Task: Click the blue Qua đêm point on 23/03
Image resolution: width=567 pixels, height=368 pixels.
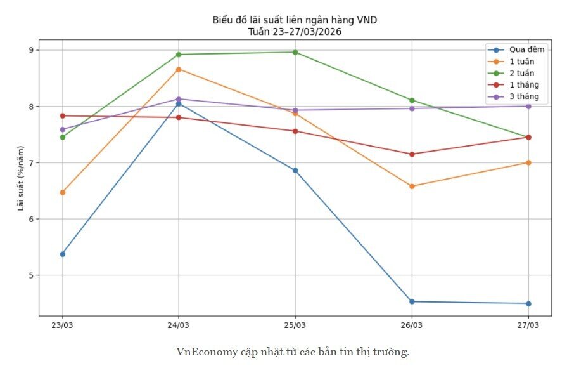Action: point(62,254)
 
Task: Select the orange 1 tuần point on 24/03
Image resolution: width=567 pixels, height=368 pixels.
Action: point(179,69)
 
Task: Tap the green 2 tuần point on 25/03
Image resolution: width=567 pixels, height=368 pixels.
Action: point(295,52)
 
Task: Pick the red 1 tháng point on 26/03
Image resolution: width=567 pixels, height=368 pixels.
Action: point(412,154)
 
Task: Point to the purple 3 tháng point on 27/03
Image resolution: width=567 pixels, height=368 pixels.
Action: point(528,106)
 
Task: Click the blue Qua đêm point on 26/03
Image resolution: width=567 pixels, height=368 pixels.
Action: point(412,301)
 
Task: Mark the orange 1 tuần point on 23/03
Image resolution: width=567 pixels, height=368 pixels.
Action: point(62,192)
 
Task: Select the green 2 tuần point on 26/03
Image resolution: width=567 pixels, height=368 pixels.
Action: point(412,100)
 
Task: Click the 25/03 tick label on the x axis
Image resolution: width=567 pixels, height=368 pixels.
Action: point(295,325)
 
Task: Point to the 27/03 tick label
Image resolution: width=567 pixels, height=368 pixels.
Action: point(528,325)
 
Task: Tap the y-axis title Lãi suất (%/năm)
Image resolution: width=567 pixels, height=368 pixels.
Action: point(21,178)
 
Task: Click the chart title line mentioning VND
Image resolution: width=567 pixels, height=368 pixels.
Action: point(295,20)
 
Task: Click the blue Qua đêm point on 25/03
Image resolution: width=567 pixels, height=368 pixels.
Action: point(295,170)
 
